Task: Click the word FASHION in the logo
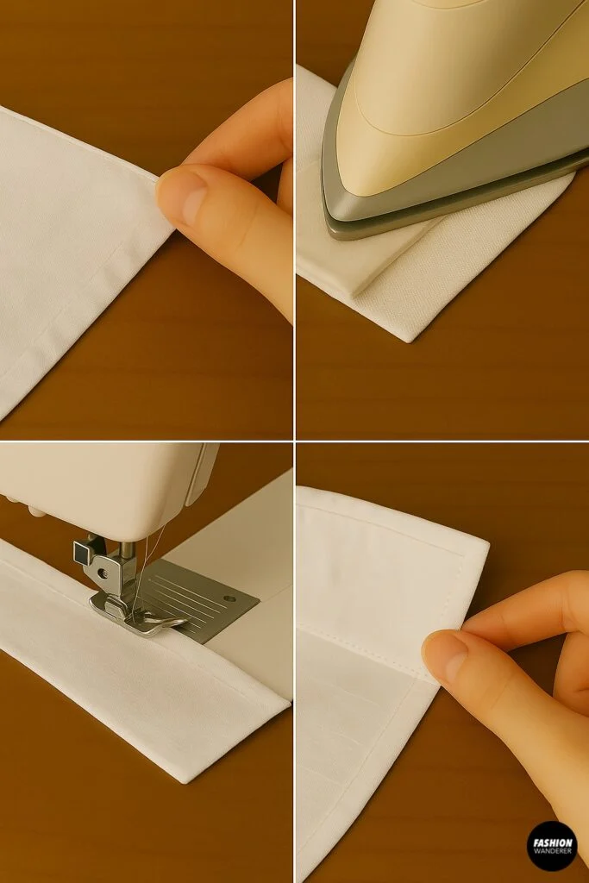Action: pyautogui.click(x=552, y=842)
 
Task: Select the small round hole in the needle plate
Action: pyautogui.click(x=229, y=597)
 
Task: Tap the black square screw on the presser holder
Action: pyautogui.click(x=83, y=548)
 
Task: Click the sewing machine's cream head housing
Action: pyautogui.click(x=95, y=483)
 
